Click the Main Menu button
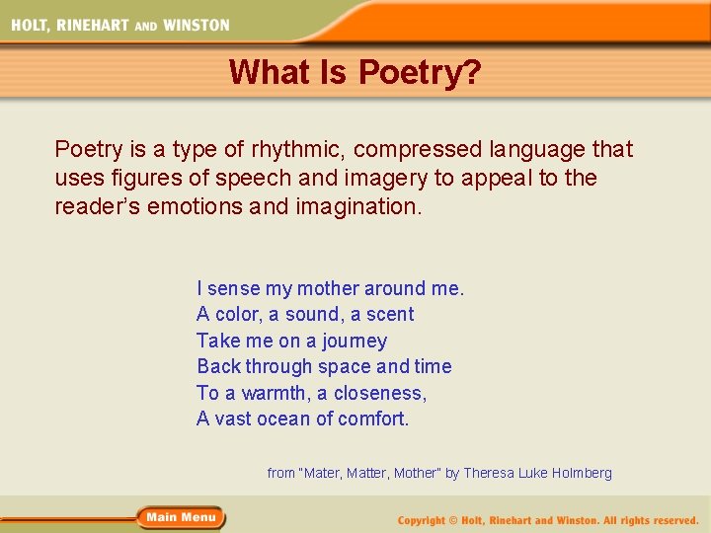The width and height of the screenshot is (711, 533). point(182,517)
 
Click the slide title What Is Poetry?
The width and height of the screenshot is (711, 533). point(355,72)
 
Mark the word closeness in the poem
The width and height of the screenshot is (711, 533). point(380,393)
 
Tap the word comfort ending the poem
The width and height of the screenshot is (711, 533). point(373,419)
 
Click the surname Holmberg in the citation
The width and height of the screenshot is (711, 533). point(580,474)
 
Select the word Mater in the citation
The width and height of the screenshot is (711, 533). point(321,474)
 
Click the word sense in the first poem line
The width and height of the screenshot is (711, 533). point(233,289)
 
